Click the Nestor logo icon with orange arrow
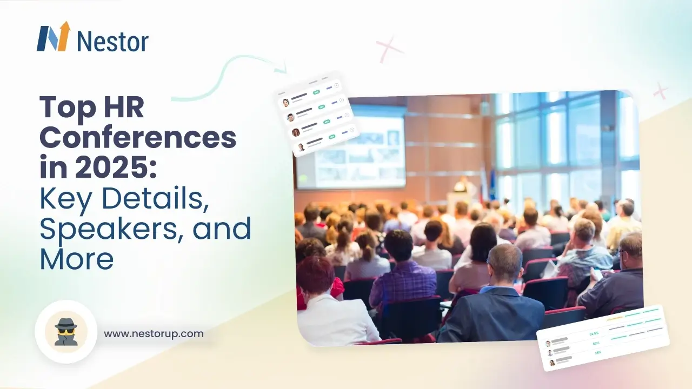pos(54,37)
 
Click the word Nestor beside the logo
pos(112,42)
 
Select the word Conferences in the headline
pos(138,138)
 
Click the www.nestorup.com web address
pos(154,333)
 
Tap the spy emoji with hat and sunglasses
pos(66,331)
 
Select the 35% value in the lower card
pos(597,352)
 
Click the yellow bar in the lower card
pos(615,319)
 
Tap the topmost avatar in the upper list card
pos(286,103)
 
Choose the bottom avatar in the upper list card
pos(301,146)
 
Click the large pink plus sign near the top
pos(390,49)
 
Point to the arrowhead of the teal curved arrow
pos(282,70)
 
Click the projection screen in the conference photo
pos(351,146)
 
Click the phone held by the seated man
pos(598,273)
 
